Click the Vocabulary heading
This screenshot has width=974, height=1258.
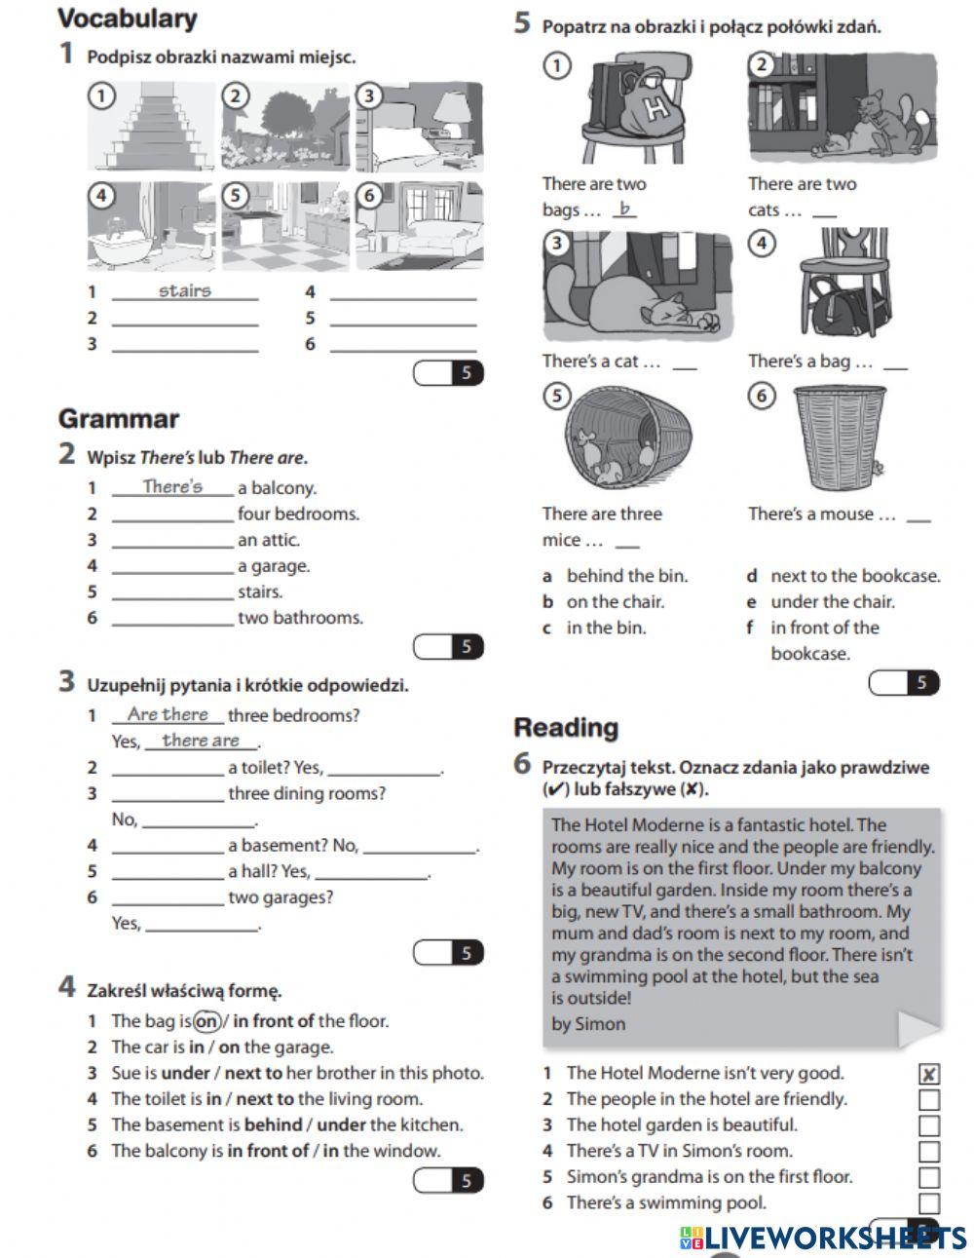point(128,19)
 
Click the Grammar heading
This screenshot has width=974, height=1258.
point(119,419)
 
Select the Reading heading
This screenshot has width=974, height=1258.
point(566,727)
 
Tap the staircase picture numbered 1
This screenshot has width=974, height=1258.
point(151,127)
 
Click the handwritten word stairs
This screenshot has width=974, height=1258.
point(184,290)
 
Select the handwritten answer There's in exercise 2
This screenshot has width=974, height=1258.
point(172,486)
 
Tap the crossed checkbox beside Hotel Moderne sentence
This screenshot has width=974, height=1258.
point(929,1074)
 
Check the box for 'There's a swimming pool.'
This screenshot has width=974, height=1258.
point(929,1203)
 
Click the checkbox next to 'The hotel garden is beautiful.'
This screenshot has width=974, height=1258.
point(929,1125)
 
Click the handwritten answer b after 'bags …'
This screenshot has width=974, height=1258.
point(624,209)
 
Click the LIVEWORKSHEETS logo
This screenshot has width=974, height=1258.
point(823,1238)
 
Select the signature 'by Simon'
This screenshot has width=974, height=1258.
point(588,1023)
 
